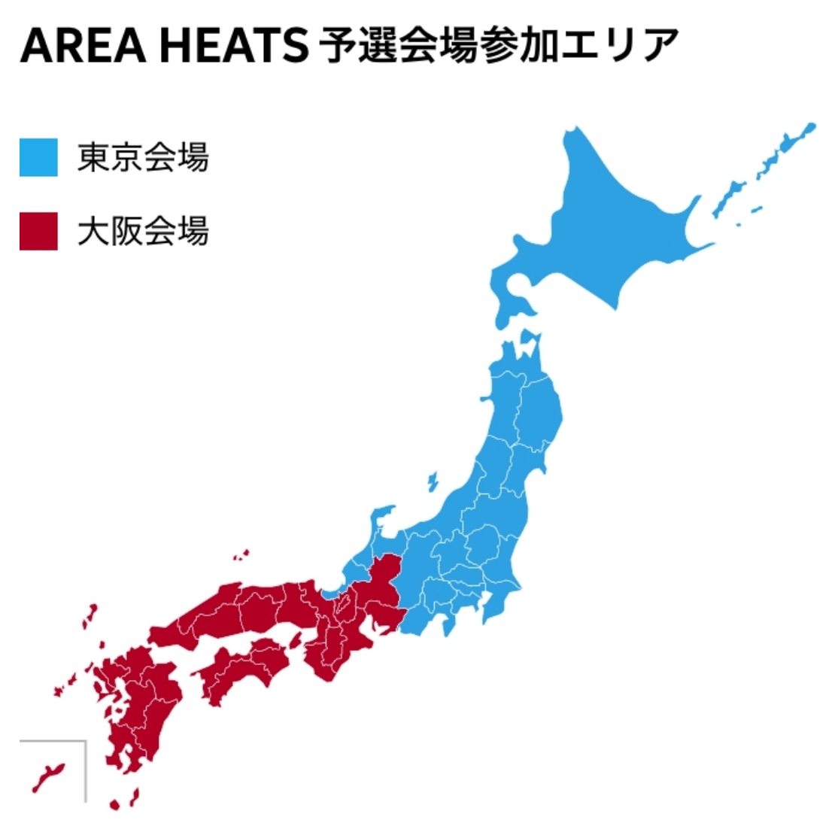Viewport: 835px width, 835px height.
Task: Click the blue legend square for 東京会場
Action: [38, 157]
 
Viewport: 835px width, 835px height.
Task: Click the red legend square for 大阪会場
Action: [38, 231]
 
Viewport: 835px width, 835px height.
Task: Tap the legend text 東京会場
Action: [143, 157]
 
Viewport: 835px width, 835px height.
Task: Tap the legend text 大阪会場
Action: [143, 231]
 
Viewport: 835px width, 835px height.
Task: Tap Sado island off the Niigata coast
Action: [433, 481]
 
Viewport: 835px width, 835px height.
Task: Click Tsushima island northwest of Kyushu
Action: [92, 618]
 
